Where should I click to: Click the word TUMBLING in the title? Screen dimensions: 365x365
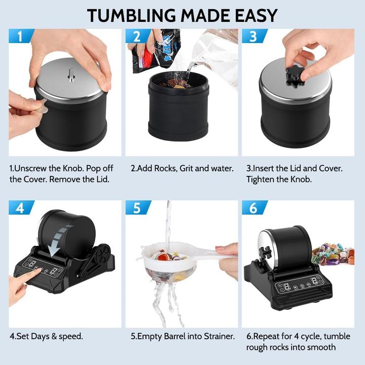coord(131,16)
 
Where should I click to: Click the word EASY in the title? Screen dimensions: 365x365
coord(256,16)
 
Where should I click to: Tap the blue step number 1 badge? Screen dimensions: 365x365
coord(21,36)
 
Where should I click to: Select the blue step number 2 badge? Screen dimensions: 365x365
coord(138,36)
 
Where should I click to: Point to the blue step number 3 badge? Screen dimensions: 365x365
coord(254,36)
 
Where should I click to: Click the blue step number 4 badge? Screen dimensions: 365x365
coord(21,207)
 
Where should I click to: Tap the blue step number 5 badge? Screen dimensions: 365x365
coord(138,207)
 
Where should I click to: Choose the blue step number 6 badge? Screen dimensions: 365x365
coord(254,207)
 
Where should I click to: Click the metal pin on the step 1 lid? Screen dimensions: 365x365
coord(71,75)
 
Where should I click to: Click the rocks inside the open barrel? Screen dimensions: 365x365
coord(176,83)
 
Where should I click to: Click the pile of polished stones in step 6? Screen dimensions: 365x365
coord(334,254)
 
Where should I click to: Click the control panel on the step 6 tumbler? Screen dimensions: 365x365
coord(300,284)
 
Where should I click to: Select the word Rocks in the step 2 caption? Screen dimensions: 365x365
coord(166,168)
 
